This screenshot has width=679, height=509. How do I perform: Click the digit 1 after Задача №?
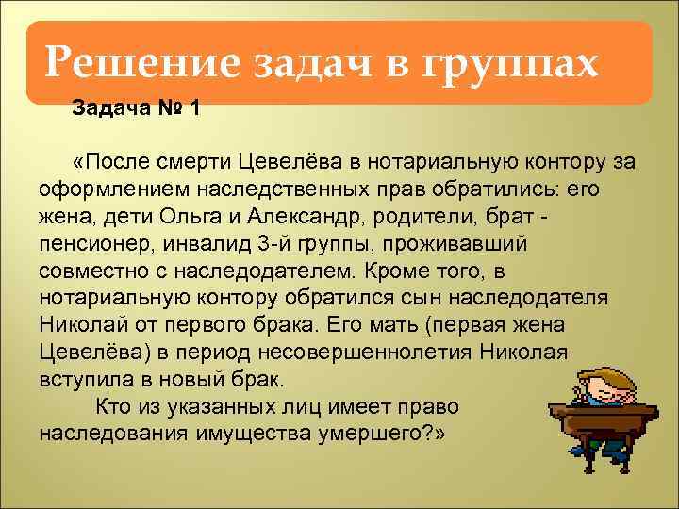click(x=194, y=108)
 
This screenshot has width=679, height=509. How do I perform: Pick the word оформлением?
click(x=105, y=189)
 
